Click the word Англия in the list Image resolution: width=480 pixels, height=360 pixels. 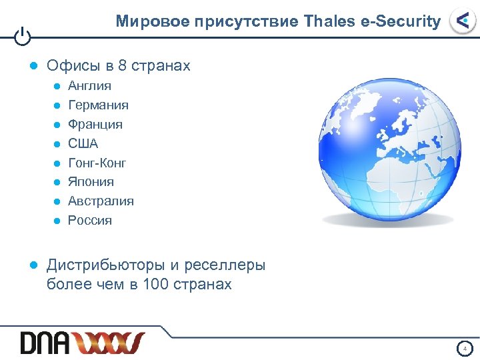(x=89, y=86)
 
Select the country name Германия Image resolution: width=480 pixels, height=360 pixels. (x=98, y=105)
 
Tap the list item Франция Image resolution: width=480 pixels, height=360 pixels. (x=95, y=125)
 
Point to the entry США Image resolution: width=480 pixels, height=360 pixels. (x=83, y=143)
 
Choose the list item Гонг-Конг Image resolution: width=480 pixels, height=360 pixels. (x=97, y=163)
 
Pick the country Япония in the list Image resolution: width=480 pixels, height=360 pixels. (x=91, y=182)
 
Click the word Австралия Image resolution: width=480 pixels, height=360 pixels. (x=101, y=201)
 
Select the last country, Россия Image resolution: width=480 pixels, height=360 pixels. (x=90, y=221)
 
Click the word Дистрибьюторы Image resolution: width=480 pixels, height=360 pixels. (x=105, y=265)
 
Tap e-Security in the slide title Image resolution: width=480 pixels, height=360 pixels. (x=400, y=21)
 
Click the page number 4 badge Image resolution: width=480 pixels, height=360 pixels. (x=465, y=348)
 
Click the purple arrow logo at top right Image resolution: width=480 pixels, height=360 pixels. (x=462, y=21)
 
